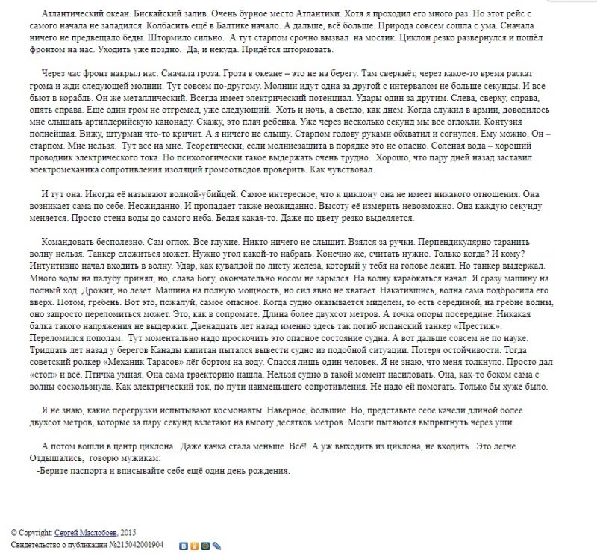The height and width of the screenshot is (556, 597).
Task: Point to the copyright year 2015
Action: (129, 532)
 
